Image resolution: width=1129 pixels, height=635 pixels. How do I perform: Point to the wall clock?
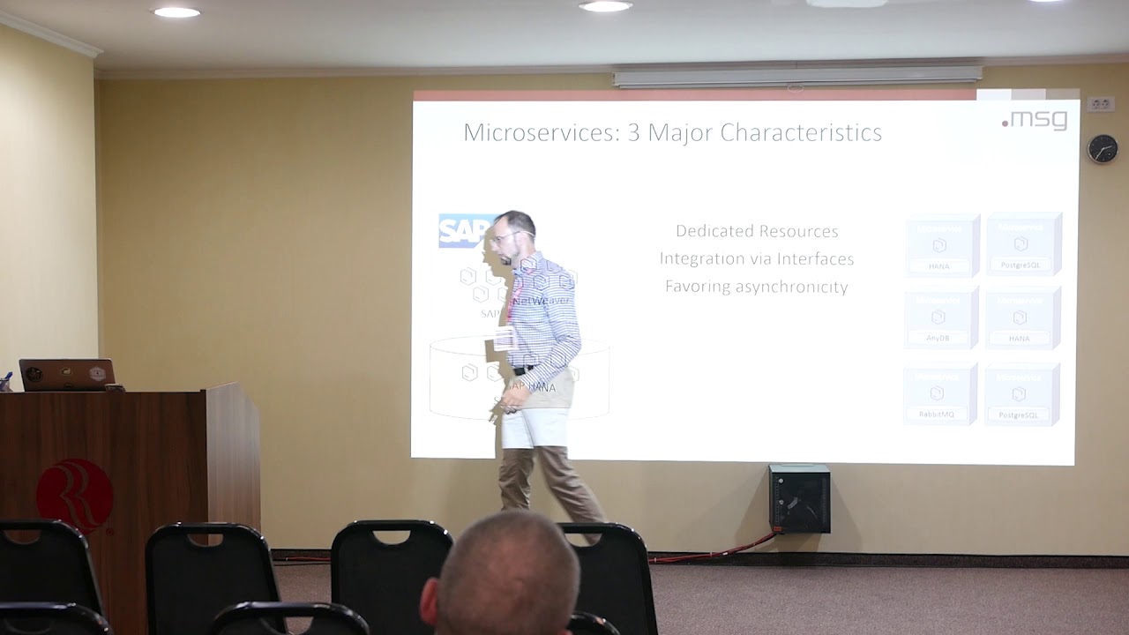pos(1102,148)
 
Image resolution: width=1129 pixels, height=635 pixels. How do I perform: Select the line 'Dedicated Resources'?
pos(757,231)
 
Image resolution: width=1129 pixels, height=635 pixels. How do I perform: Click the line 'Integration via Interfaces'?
pos(757,259)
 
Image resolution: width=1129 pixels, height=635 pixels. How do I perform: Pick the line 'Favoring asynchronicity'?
pos(757,287)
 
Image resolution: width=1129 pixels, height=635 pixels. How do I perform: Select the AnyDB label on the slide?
pos(938,338)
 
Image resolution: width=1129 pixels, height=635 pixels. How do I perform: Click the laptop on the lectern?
pos(67,375)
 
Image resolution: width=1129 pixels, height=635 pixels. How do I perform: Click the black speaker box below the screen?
pos(799,498)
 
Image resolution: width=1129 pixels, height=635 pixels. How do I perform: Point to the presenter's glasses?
pos(503,236)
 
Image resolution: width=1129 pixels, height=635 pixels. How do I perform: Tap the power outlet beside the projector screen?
pos(1100,104)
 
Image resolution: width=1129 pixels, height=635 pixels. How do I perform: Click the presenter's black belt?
pos(524,370)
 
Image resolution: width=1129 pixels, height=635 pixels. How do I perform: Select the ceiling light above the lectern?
pos(176,12)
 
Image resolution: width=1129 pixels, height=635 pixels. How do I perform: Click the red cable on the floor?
pos(714,554)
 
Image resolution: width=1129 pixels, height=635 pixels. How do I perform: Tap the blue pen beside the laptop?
pos(6,381)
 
